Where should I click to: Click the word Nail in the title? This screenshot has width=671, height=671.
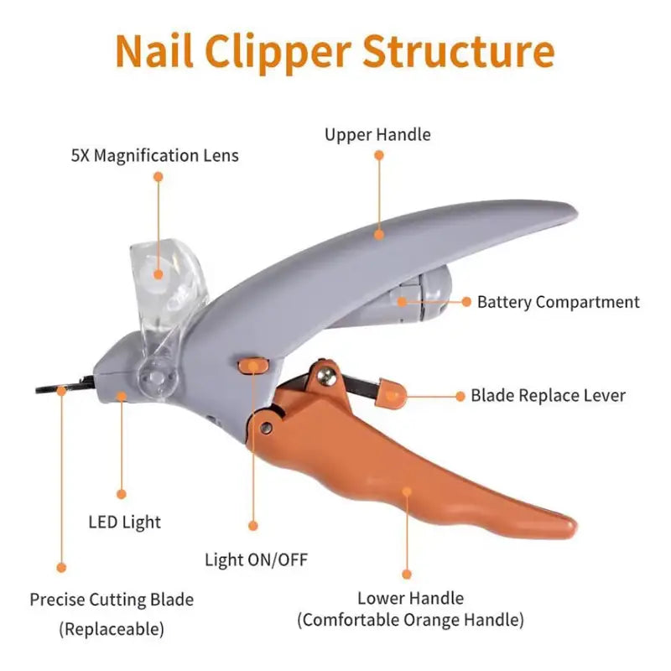[x=154, y=51]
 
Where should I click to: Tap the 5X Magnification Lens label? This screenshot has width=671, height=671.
[x=155, y=156]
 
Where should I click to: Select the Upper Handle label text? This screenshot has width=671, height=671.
[x=377, y=134]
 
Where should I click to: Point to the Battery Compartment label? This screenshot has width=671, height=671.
[x=558, y=302]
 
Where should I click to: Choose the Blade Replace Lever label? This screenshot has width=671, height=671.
[x=548, y=395]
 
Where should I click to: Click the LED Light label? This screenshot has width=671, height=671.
[x=124, y=522]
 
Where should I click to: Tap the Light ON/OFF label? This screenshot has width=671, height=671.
[x=256, y=559]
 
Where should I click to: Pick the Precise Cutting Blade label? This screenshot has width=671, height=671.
[x=112, y=600]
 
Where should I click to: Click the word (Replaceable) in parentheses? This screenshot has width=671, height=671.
[x=112, y=628]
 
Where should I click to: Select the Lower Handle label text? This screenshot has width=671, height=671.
[x=410, y=598]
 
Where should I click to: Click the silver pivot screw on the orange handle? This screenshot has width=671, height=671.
[x=265, y=428]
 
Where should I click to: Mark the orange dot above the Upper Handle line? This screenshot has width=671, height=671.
[x=379, y=155]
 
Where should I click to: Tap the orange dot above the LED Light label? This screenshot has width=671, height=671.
[x=122, y=494]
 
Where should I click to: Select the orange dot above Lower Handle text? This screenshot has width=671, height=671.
[x=407, y=575]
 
